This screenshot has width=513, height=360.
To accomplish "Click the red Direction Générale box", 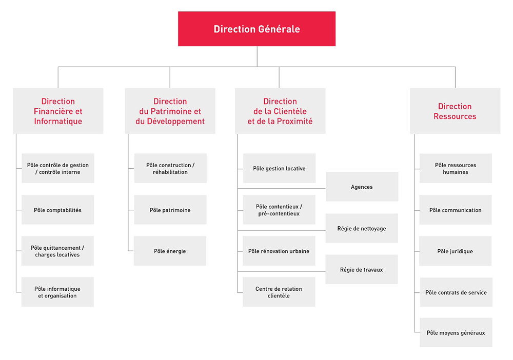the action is click(257, 29).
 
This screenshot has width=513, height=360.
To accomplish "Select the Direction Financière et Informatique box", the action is click(58, 111).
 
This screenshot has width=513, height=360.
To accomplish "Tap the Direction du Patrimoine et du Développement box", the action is click(170, 111).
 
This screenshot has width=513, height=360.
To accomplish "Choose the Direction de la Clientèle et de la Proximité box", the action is click(280, 111).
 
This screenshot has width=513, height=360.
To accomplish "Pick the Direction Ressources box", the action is click(455, 111).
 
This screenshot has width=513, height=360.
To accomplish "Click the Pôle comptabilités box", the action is click(57, 210).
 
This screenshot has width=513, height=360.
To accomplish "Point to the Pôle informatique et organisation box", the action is click(57, 292).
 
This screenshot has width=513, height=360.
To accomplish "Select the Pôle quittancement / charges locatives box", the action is click(57, 251).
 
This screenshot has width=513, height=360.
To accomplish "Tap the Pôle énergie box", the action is click(170, 251).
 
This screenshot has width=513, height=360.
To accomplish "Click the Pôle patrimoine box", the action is click(170, 210).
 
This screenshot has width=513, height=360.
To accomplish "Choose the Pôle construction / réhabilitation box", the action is click(170, 168).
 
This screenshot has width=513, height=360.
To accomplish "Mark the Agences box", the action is click(362, 187).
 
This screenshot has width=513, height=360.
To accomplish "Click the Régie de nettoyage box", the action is click(362, 228).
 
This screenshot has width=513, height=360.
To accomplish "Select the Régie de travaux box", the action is click(362, 269).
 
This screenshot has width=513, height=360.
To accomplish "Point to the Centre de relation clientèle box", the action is click(279, 292).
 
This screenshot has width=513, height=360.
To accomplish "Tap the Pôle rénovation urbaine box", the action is click(279, 251).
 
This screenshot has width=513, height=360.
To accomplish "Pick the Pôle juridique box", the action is click(456, 251).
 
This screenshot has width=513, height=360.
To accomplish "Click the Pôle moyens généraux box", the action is click(456, 332).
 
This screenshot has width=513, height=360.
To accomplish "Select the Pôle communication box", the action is click(456, 210).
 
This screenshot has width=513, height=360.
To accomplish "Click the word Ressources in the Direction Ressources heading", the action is click(455, 116).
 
